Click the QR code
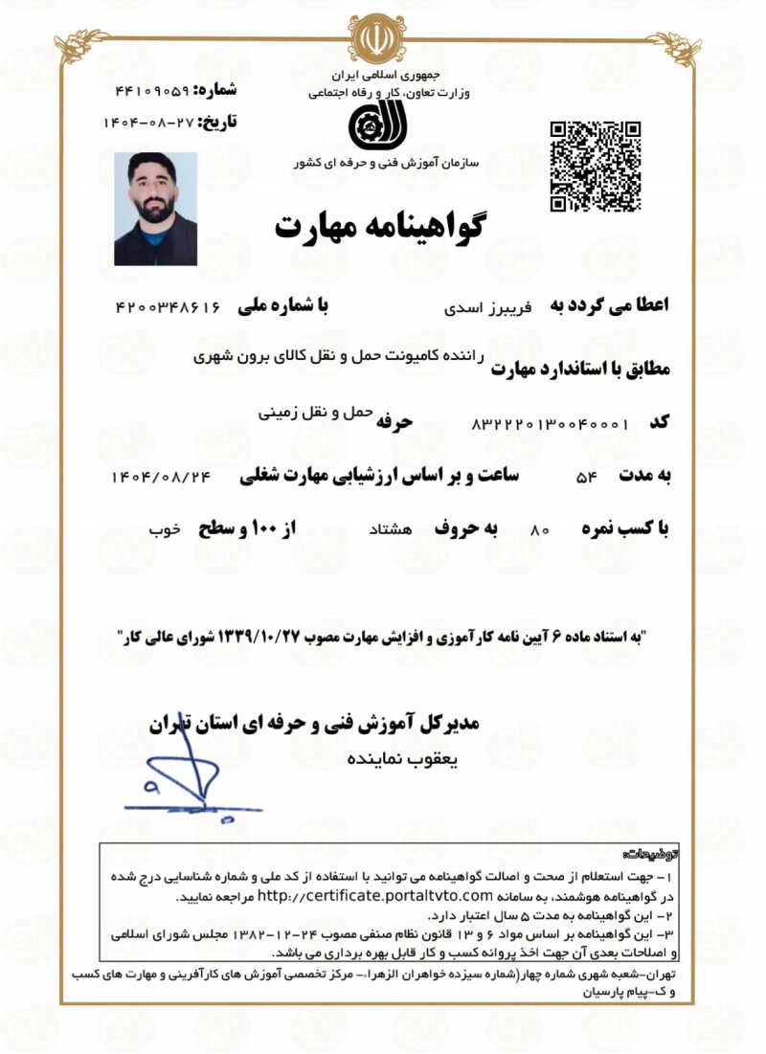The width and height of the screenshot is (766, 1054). click(x=595, y=167)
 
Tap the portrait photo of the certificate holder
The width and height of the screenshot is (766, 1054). click(x=155, y=208)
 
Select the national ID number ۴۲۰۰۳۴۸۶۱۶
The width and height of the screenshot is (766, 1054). click(x=169, y=307)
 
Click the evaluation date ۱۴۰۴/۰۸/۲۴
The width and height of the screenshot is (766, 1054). click(x=160, y=476)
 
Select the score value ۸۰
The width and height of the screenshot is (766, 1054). click(x=539, y=529)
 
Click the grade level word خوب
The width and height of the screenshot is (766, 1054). click(x=164, y=528)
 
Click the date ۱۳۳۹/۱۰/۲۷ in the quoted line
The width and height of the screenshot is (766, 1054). click(x=262, y=636)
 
